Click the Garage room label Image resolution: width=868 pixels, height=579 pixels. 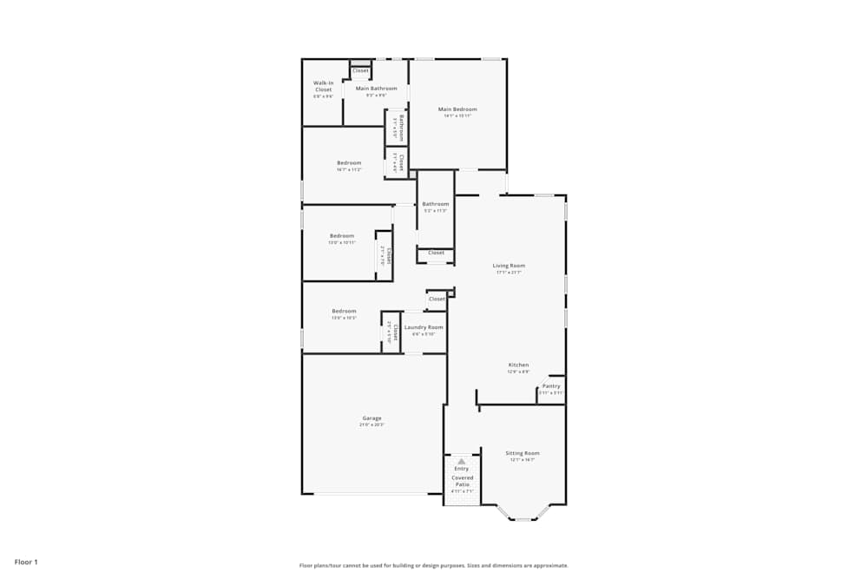click(372, 418)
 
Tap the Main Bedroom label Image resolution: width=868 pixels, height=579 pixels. click(457, 109)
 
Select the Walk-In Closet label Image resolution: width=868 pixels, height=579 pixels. click(323, 86)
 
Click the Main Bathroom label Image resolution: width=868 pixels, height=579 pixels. click(376, 89)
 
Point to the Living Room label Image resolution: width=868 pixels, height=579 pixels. click(510, 266)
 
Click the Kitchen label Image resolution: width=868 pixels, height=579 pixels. click(518, 365)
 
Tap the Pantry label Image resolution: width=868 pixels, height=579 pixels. click(551, 386)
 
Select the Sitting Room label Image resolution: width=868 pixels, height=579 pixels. click(523, 453)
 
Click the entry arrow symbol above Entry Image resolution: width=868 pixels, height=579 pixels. click(461, 462)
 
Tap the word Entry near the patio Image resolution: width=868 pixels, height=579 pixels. click(461, 469)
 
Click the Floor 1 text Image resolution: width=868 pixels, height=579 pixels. click(26, 562)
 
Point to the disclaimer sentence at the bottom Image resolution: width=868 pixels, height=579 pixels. click(434, 565)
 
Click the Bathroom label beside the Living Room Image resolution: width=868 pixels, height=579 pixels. click(436, 204)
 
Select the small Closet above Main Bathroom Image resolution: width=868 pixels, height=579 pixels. click(360, 70)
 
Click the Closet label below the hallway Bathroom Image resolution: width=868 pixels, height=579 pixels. click(436, 253)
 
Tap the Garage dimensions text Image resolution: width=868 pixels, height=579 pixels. click(372, 424)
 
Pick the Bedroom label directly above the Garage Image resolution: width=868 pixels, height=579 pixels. click(344, 311)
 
